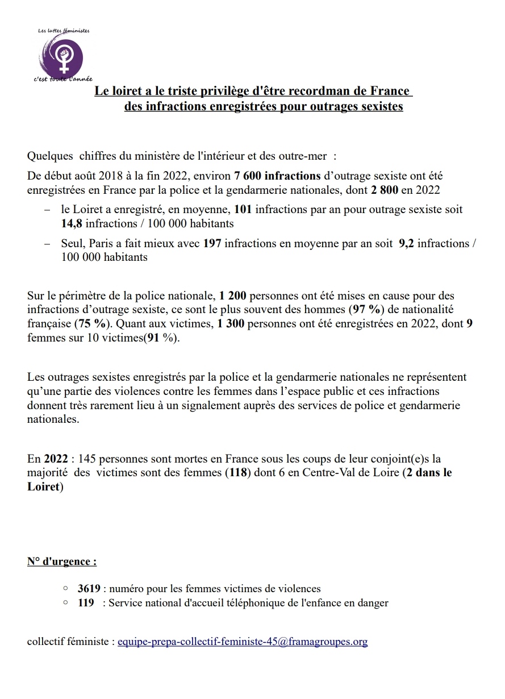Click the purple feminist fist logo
pyautogui.click(x=66, y=55)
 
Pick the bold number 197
pyautogui.click(x=212, y=243)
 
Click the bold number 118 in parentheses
pyautogui.click(x=237, y=473)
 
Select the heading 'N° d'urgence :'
pyautogui.click(x=62, y=561)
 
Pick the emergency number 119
pyautogui.click(x=86, y=603)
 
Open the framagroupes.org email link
pyautogui.click(x=243, y=642)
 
